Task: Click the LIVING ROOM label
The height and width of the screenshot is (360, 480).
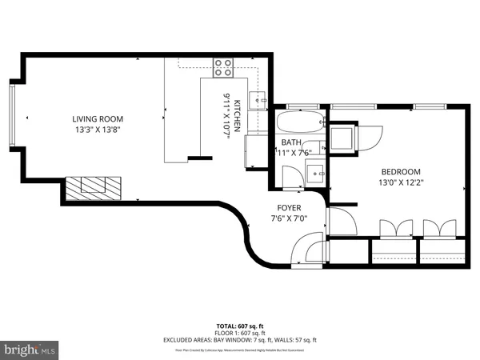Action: (100, 119)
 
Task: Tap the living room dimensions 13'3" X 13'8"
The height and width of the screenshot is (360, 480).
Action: (100, 130)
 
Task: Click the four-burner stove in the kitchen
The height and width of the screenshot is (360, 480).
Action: (222, 67)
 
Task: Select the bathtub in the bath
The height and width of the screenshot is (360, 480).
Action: (300, 124)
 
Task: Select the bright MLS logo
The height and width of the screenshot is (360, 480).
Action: (30, 349)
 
